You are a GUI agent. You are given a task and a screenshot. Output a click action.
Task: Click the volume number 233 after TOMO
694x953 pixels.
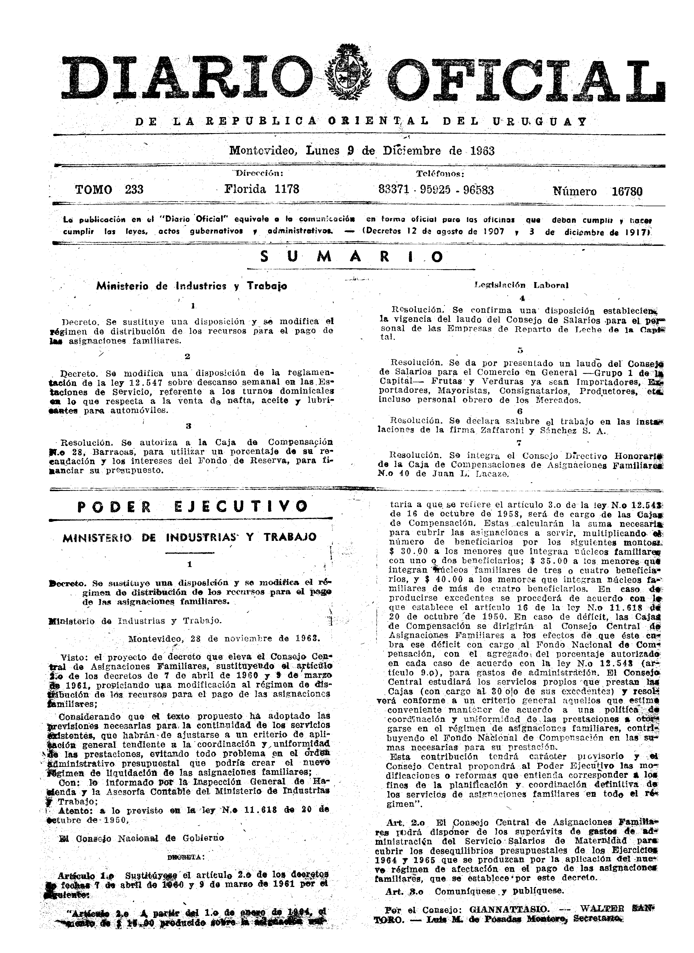(134, 190)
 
